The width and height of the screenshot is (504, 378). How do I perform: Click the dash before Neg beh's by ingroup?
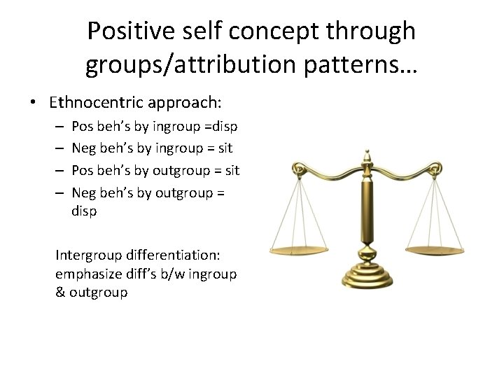(58, 149)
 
